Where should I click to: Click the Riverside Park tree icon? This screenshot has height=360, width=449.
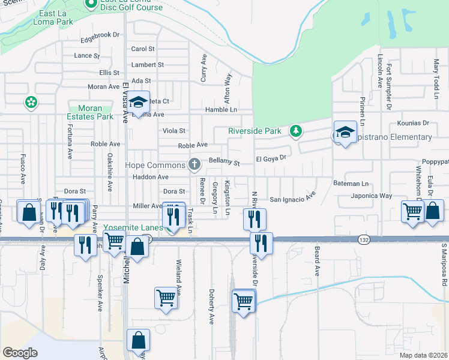(295, 130)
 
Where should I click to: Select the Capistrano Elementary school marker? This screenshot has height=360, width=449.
(346, 133)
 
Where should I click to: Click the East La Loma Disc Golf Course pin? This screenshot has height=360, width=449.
(91, 5)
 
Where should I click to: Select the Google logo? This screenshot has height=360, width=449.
(20, 353)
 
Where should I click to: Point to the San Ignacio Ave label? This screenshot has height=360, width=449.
(292, 198)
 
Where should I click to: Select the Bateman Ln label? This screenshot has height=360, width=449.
(350, 183)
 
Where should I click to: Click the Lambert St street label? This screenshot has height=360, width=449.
(148, 65)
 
